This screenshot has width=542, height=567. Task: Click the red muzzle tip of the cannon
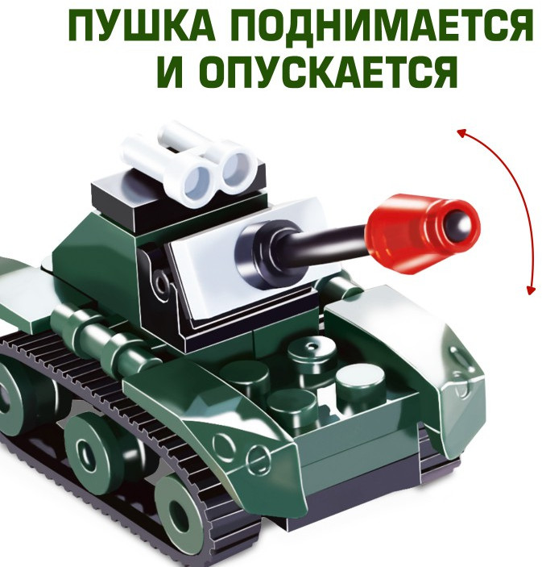tap(422, 231)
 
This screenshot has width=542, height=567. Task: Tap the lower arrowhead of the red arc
tap(530, 290)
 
